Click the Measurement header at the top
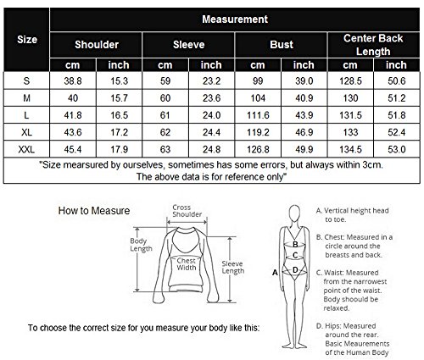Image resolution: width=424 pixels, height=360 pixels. point(235,19)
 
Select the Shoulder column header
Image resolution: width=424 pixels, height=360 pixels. point(97,45)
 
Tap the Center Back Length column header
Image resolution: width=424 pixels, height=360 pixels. point(373,45)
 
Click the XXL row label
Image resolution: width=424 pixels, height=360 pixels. point(26,149)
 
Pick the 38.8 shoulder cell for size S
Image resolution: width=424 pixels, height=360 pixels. point(73,81)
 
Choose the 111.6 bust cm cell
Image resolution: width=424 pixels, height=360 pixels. point(258,115)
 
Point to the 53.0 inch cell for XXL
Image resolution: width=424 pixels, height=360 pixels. point(397,149)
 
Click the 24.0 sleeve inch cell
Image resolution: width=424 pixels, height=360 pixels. point(211,115)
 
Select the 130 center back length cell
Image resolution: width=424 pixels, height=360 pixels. point(350,98)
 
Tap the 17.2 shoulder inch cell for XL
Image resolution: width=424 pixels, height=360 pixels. point(119,132)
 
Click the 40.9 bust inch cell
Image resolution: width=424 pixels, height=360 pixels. point(304,98)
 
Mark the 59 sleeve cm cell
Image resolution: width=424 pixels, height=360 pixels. point(165,81)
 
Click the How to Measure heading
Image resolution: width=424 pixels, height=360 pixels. point(94,211)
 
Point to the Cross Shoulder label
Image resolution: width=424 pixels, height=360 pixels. point(187,211)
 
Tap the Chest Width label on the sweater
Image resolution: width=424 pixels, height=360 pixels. point(187,264)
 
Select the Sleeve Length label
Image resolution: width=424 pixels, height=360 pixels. point(232,267)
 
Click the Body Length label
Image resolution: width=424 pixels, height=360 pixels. point(141,245)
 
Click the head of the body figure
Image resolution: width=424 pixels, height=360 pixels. point(294,213)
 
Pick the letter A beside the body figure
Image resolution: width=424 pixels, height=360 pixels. point(275,273)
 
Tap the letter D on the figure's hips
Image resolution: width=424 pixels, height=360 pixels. point(295,270)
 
